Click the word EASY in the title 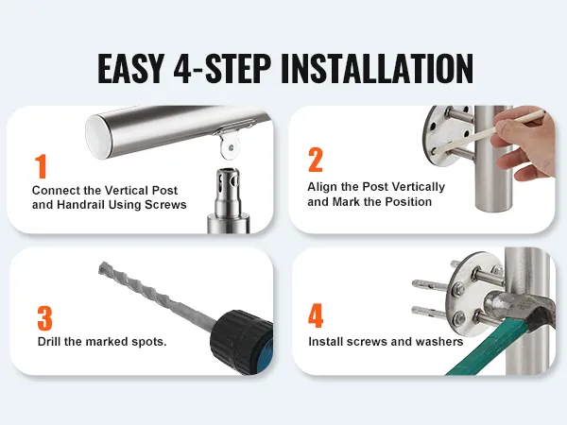point(131,68)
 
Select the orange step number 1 point(42,166)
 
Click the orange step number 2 point(316,160)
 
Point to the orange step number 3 point(44,318)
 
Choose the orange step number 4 point(316,315)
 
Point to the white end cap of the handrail point(98,136)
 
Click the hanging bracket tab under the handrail point(230,144)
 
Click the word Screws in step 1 point(165,205)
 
